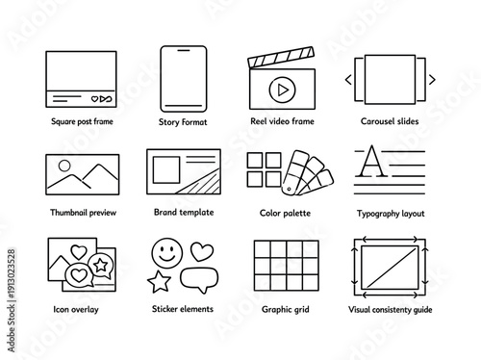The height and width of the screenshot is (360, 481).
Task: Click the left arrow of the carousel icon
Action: click(349, 79)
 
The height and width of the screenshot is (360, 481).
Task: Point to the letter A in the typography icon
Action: click(369, 163)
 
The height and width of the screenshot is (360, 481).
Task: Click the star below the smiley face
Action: click(157, 281)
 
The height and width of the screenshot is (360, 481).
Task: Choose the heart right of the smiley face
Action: click(201, 252)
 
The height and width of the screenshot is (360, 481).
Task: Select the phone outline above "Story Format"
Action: click(176, 76)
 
